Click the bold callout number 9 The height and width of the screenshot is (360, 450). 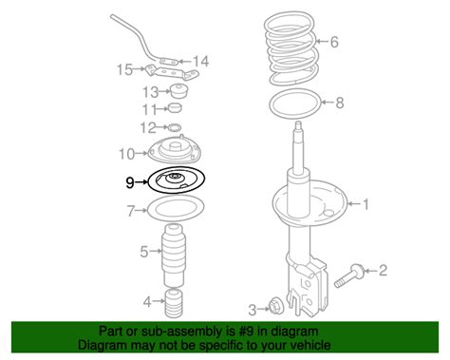coord(130,182)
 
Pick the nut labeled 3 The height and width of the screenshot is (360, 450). coord(274,306)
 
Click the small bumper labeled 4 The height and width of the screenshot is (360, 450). coord(174,303)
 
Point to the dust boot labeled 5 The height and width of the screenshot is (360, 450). coord(174,256)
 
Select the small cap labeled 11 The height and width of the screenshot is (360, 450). coord(175,107)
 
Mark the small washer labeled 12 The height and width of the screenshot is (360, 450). coord(174,127)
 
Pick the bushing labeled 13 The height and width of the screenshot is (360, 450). coord(179,91)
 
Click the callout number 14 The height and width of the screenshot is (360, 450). coord(200,62)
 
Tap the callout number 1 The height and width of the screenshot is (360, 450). coord(366,204)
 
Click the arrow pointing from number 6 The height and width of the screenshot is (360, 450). coord(322,41)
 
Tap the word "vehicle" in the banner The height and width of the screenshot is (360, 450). coord(310,345)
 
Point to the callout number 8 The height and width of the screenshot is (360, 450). coord(339,103)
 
